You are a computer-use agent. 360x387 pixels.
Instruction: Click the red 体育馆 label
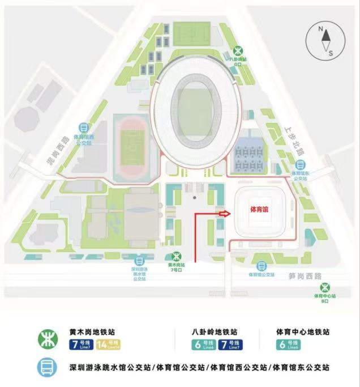pos(259,209)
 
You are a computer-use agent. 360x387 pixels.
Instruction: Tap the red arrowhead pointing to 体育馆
pos(224,214)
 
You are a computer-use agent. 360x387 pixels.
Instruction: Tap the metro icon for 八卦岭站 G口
pos(239,48)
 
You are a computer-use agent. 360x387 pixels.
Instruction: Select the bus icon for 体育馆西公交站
pos(84,127)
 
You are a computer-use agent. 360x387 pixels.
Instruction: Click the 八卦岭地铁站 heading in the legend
pos(214,332)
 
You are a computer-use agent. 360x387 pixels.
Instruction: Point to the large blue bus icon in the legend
pos(46,368)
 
